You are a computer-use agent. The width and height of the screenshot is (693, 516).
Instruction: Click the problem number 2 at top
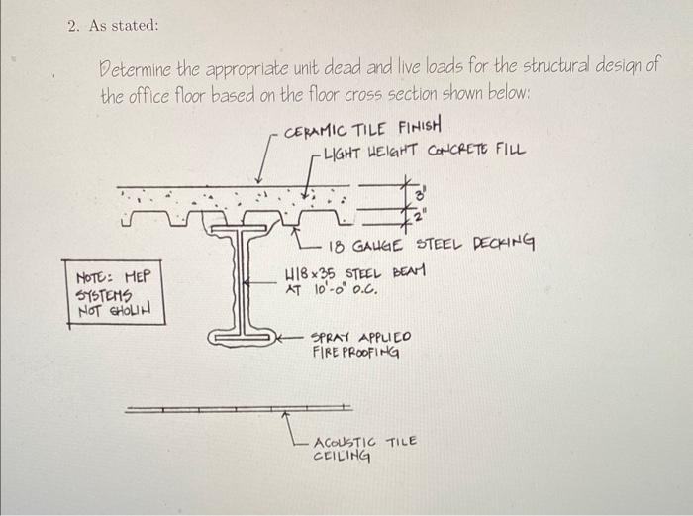[74, 27]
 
